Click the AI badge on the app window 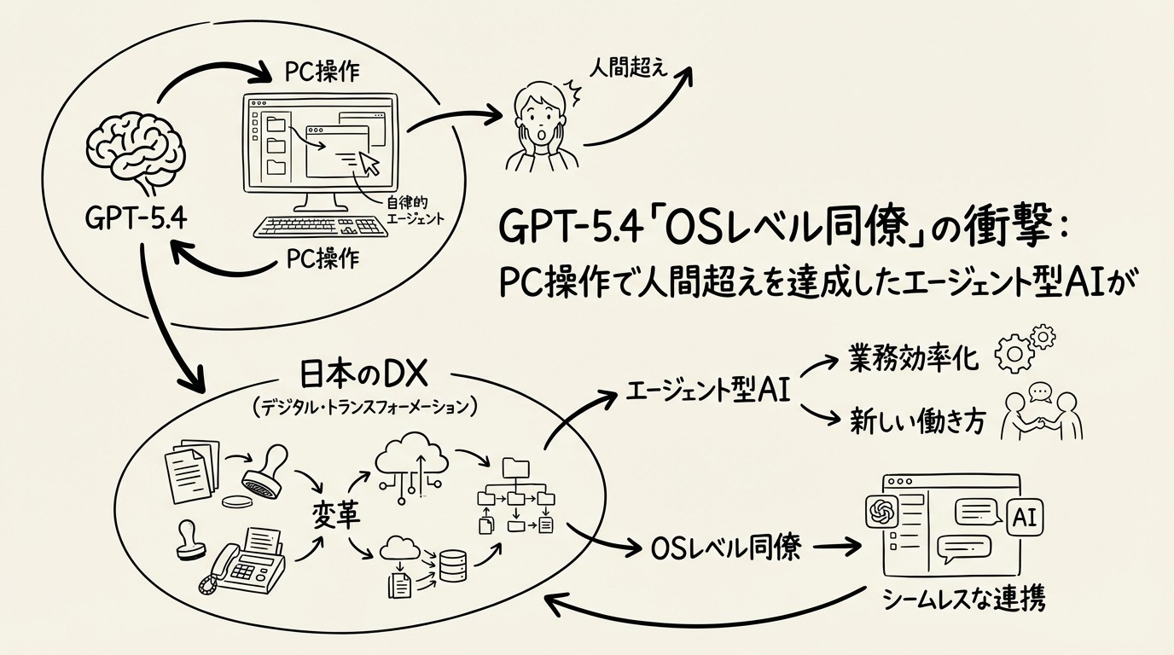(1026, 515)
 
